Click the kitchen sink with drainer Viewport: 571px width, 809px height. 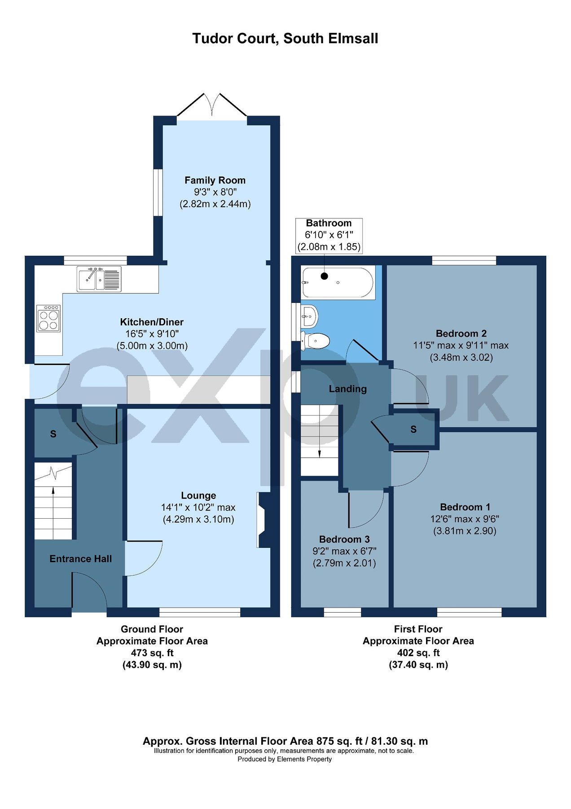pyautogui.click(x=99, y=279)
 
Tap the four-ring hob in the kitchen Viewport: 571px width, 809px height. pyautogui.click(x=48, y=318)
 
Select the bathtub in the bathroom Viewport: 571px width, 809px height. pyautogui.click(x=338, y=283)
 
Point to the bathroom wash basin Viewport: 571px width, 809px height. pyautogui.click(x=310, y=316)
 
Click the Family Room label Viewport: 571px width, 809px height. pyautogui.click(x=215, y=180)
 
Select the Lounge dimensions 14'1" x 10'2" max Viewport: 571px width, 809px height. pyautogui.click(x=198, y=507)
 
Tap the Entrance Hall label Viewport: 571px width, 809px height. pyautogui.click(x=80, y=559)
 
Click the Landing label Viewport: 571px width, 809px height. pyautogui.click(x=347, y=389)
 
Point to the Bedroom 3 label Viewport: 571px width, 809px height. pyautogui.click(x=344, y=539)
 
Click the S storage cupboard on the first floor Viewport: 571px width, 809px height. pyautogui.click(x=413, y=430)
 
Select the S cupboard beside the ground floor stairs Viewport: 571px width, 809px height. pyautogui.click(x=53, y=434)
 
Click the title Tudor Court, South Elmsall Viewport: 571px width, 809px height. pyautogui.click(x=285, y=39)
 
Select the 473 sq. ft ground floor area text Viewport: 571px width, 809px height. pyautogui.click(x=152, y=653)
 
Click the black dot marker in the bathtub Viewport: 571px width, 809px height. pyautogui.click(x=324, y=276)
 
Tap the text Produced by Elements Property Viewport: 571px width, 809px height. pyautogui.click(x=285, y=759)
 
